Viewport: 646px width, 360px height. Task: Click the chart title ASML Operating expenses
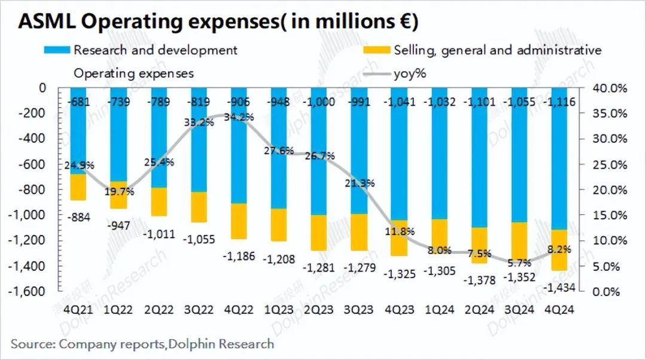click(x=218, y=22)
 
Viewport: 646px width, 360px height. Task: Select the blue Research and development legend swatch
click(x=58, y=50)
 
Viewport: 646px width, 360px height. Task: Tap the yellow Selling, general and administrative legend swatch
click(x=377, y=50)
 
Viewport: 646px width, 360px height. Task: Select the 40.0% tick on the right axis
click(x=610, y=89)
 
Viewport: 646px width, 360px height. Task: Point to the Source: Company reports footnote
click(x=142, y=344)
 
